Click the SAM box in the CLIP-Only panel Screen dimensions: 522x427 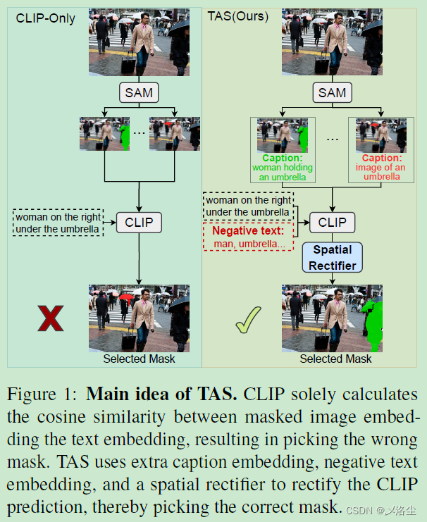tap(138, 92)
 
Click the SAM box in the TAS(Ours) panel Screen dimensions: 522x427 tap(332, 92)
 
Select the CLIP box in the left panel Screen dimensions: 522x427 tap(138, 223)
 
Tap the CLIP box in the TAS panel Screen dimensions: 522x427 tap(332, 223)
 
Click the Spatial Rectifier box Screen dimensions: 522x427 tap(332, 258)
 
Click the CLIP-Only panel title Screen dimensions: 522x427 tap(46, 18)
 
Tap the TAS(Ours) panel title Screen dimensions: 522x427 tap(238, 15)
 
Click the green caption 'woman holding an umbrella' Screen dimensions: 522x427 tap(283, 168)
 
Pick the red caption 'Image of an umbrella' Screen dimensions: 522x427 tap(381, 168)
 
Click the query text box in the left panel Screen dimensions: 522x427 tap(58, 223)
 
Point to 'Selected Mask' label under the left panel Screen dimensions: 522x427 tap(139, 359)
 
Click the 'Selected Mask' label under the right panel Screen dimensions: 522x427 tap(335, 359)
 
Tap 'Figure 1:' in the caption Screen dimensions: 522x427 tap(43, 394)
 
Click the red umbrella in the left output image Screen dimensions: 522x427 tap(125, 297)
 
